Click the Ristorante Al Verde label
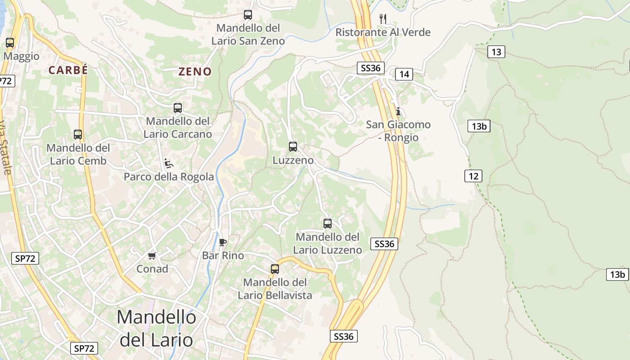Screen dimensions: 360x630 coord(383,32)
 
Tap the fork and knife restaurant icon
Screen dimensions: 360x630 coord(383,18)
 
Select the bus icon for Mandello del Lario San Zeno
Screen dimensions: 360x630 coord(248,14)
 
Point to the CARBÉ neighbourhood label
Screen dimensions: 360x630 coord(68,70)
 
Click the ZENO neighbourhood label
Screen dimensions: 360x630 coord(195,72)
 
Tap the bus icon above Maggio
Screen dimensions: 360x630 coord(10,43)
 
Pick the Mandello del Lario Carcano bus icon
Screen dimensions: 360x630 coord(178,108)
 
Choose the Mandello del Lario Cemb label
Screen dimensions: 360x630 coord(78,154)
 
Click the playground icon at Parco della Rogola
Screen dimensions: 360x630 coord(169,163)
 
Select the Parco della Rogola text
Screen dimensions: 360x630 coord(169,177)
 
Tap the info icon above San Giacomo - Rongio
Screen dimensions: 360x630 coord(398,111)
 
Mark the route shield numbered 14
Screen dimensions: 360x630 coord(404,74)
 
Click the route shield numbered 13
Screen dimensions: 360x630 coord(496,52)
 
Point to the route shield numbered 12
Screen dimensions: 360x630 coord(473,176)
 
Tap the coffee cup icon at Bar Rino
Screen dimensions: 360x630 coord(222,242)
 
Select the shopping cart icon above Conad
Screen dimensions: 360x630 coord(152,256)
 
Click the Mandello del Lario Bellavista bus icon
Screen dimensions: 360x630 coord(275,269)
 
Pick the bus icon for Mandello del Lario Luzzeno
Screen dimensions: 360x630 coord(328,223)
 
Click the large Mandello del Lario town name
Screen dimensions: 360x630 coord(156,328)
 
